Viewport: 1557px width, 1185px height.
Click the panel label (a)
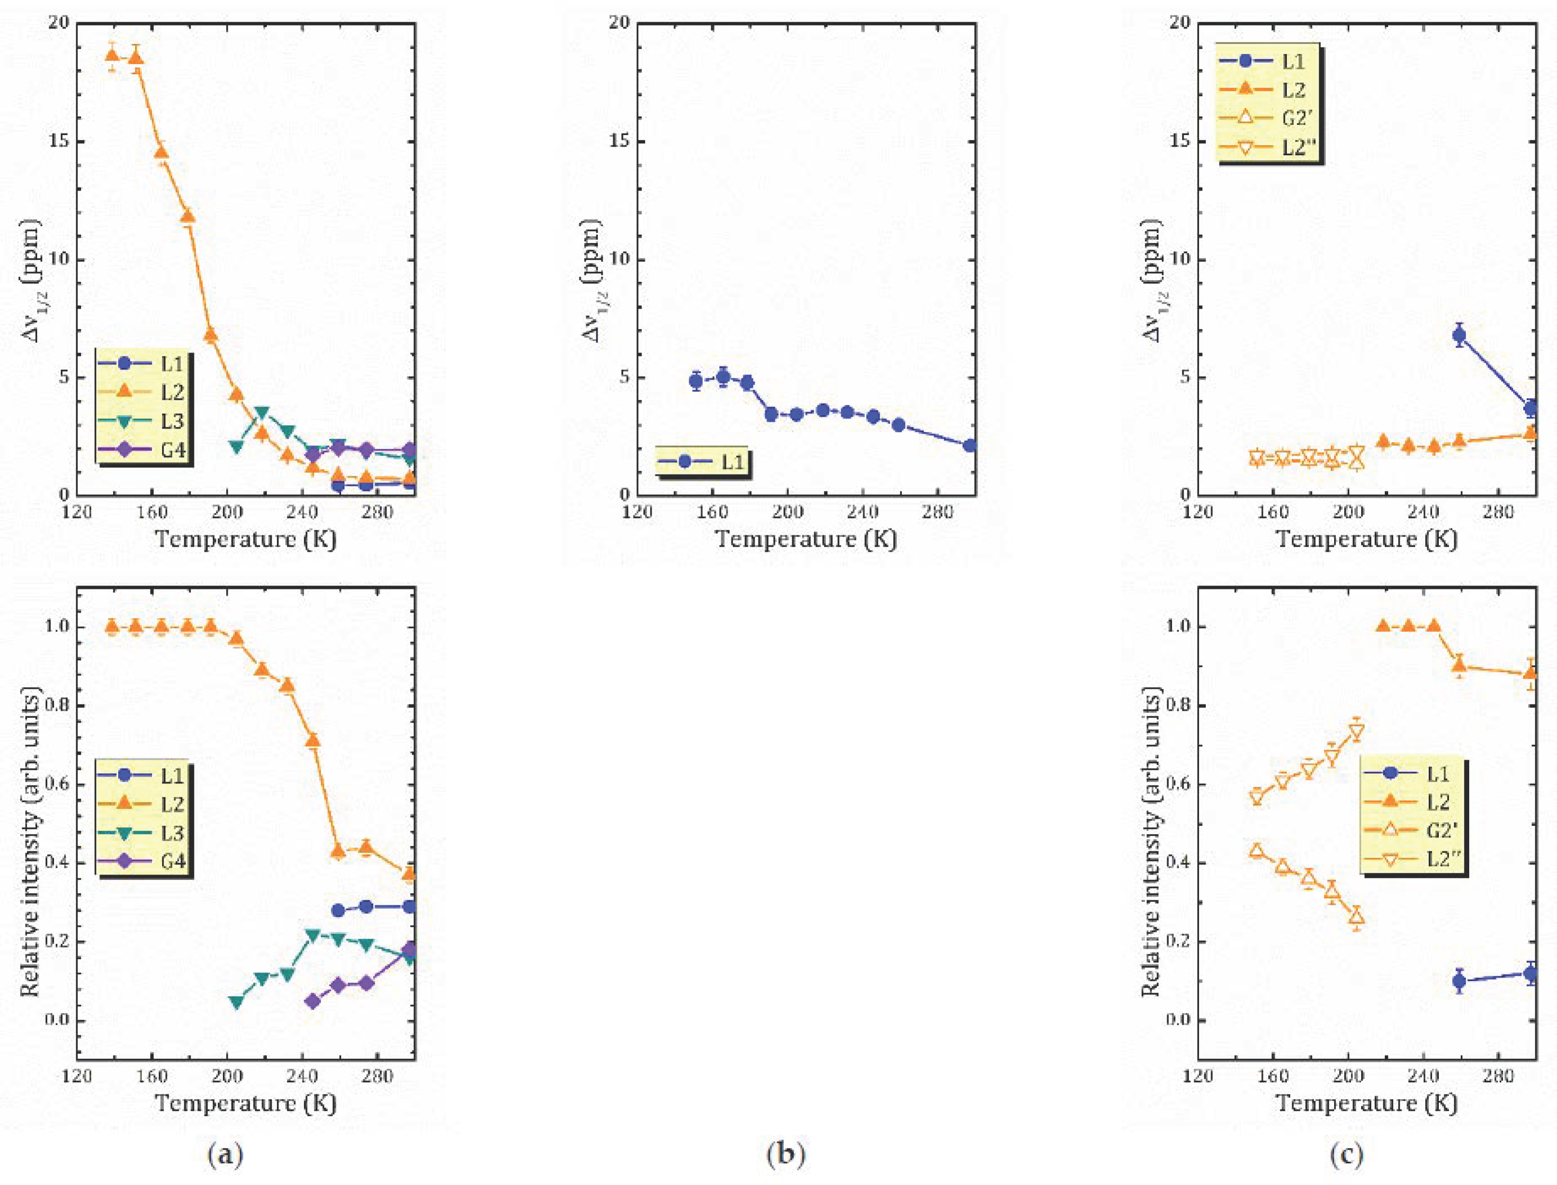[226, 1155]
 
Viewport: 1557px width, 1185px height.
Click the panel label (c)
[1346, 1155]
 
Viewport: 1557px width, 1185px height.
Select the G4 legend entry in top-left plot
[145, 449]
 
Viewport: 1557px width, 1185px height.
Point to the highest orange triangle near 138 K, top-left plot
[111, 54]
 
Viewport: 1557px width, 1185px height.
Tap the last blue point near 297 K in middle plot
[970, 446]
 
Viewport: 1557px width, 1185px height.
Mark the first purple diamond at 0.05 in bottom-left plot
[313, 1001]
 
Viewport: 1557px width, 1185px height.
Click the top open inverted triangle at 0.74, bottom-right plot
[1356, 731]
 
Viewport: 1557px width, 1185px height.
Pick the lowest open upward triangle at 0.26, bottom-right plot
[1356, 917]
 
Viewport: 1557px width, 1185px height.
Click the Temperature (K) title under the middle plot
[806, 539]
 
